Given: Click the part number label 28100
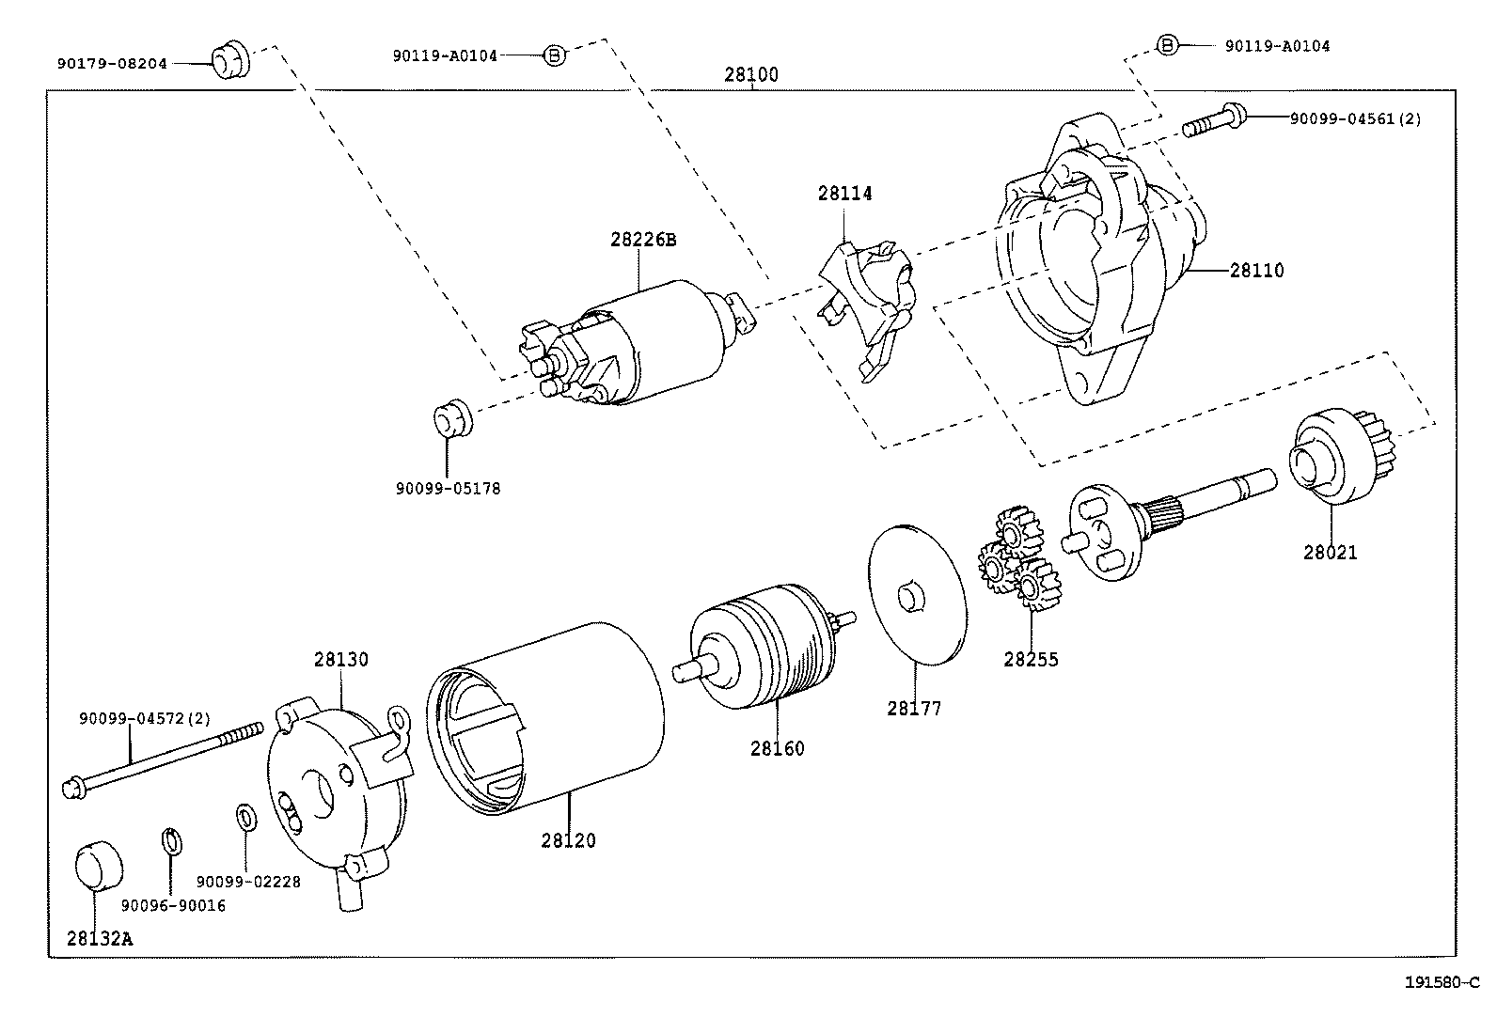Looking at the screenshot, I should point(751,75).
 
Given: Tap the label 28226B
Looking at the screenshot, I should point(643,240).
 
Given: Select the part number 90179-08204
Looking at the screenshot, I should point(112,64).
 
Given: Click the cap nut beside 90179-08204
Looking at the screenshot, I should point(228,61).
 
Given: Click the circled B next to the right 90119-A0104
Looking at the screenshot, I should point(1166,45).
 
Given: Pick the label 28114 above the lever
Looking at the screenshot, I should point(844,194).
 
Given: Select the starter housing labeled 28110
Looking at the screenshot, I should point(1091,273).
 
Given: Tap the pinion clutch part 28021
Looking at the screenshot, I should point(1330,455).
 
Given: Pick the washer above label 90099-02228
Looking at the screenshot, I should point(244,816).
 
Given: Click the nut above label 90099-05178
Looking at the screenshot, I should point(452,418).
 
